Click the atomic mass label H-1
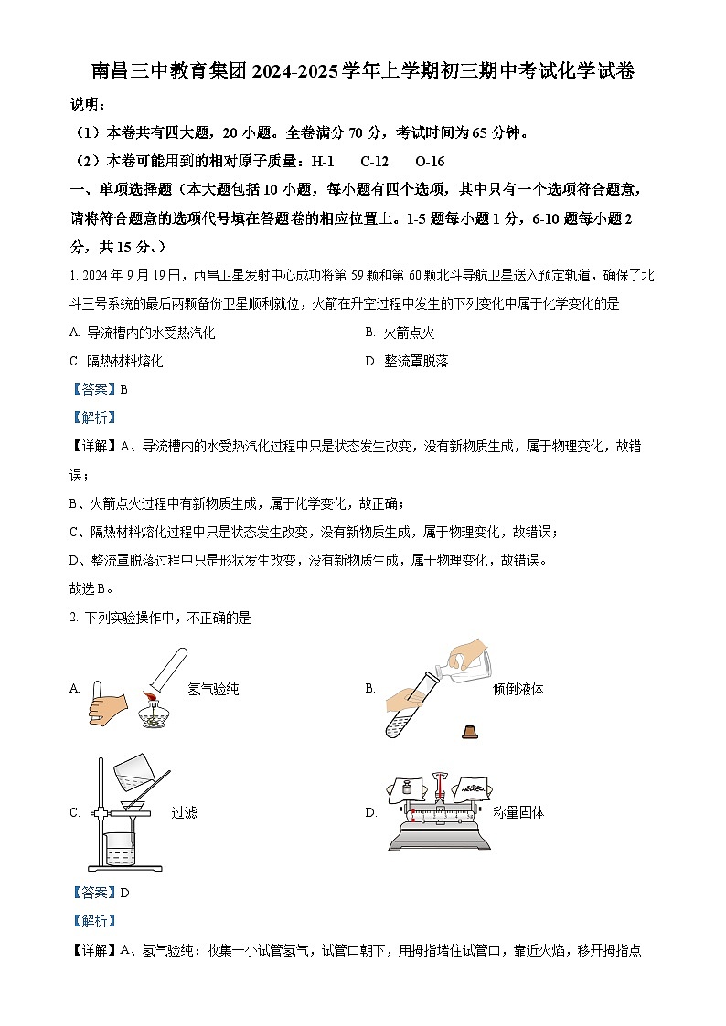(x=323, y=162)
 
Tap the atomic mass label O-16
(x=429, y=162)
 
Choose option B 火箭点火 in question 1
(x=400, y=333)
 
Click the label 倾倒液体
(x=518, y=689)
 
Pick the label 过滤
(x=184, y=812)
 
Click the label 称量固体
(x=518, y=812)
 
